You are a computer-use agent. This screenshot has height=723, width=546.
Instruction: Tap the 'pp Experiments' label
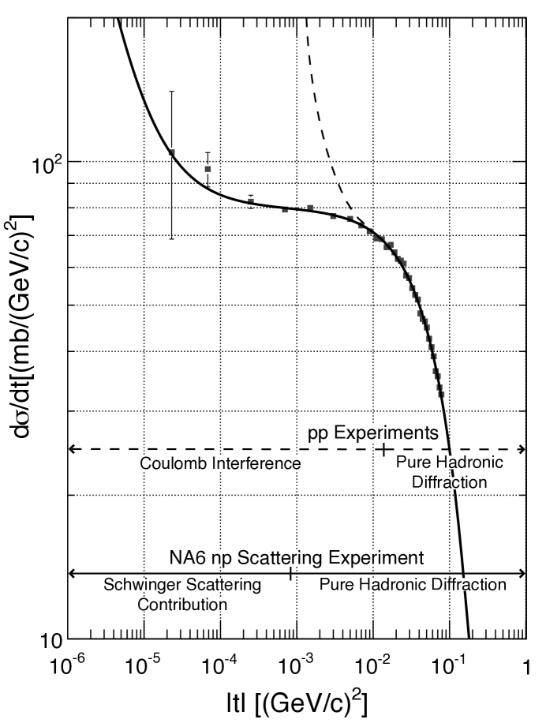point(372,433)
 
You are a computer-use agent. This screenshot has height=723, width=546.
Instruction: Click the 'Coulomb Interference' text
point(220,463)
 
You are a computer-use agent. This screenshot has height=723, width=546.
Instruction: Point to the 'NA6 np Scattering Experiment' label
point(297,557)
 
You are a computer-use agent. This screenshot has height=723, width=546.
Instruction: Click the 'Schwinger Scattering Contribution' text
point(182,594)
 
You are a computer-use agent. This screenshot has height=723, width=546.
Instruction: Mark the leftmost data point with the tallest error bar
point(171,152)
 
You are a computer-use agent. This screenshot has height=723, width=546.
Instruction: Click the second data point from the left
point(208,169)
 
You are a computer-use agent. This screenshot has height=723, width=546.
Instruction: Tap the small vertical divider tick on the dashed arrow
point(383,448)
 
